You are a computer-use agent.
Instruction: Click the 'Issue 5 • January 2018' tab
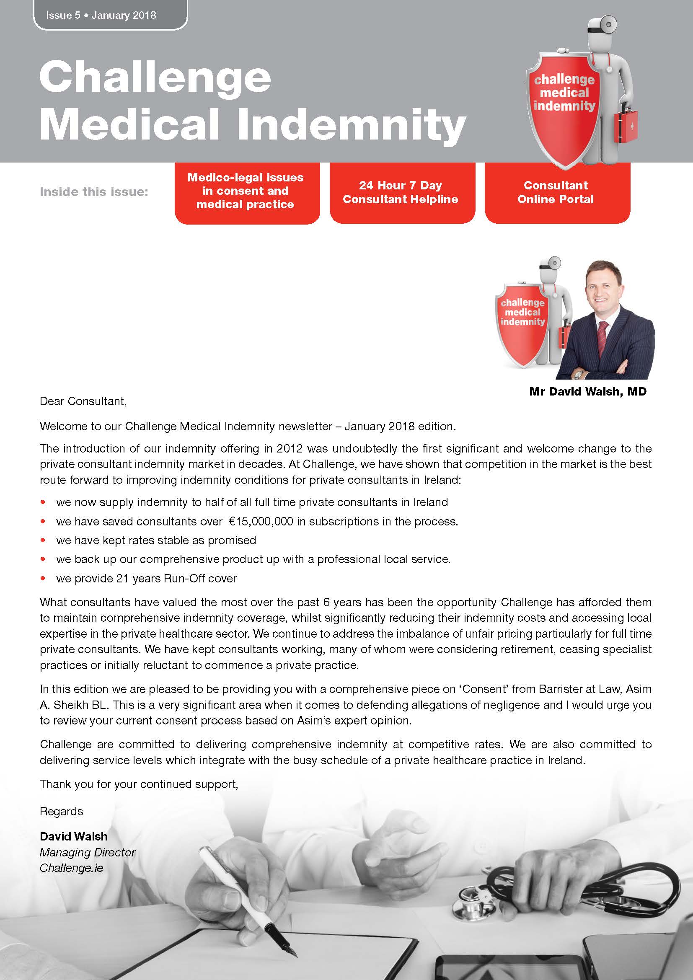(101, 16)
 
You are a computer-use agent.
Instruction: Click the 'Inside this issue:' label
(94, 192)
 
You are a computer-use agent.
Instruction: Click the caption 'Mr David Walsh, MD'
(587, 391)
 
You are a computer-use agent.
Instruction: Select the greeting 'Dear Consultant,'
(83, 401)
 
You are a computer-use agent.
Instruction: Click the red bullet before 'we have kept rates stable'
(43, 540)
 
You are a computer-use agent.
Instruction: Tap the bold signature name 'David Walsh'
(73, 836)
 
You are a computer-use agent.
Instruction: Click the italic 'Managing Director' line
(88, 852)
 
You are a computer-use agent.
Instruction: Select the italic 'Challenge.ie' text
(71, 868)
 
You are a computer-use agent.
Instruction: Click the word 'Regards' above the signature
(62, 811)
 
